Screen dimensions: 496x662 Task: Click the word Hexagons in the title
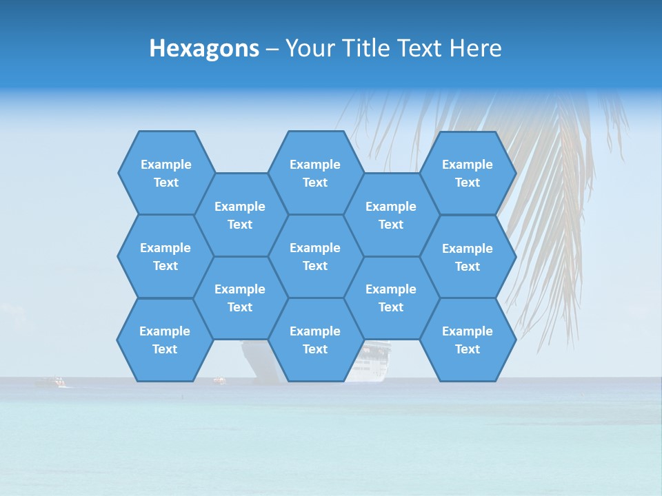click(x=204, y=48)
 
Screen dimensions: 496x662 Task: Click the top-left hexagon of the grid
click(x=165, y=173)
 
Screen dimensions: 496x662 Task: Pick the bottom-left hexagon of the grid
click(x=165, y=340)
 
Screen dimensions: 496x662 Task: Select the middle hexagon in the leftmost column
click(x=165, y=256)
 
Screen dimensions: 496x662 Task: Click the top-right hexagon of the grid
click(x=467, y=173)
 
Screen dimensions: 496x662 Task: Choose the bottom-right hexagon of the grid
click(x=467, y=340)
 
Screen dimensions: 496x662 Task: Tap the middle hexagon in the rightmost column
click(x=467, y=257)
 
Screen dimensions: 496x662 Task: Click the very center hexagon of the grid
click(x=315, y=256)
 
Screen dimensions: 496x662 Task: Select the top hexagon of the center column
click(x=315, y=173)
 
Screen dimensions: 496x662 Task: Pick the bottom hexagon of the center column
click(x=315, y=340)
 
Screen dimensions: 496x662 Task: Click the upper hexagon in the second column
click(x=239, y=215)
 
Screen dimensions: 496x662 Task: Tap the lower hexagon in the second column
click(x=239, y=298)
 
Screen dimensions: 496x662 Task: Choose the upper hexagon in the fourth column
click(x=391, y=215)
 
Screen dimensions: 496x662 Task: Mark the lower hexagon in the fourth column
click(x=391, y=298)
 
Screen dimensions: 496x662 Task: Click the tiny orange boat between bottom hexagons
click(x=219, y=380)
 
